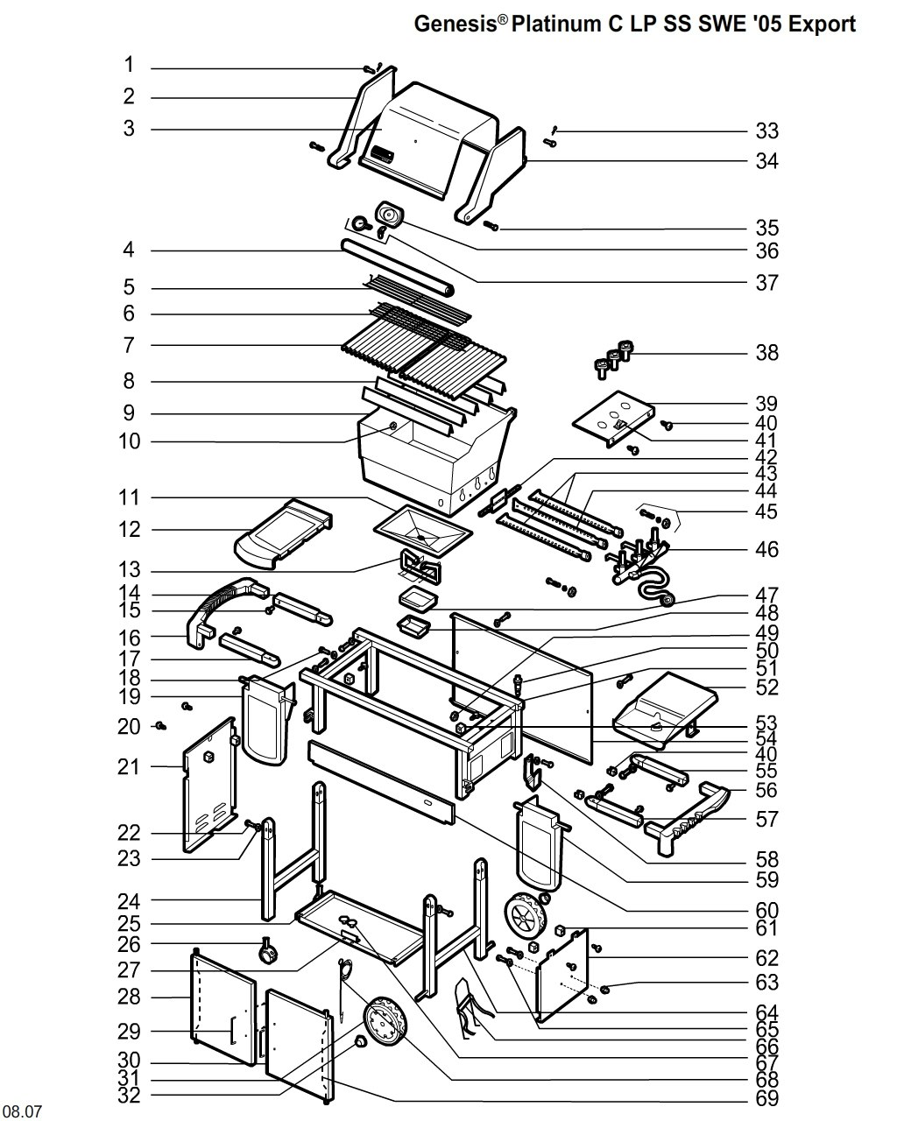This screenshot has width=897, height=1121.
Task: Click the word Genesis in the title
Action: click(x=455, y=24)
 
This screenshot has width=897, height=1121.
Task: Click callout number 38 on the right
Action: click(x=766, y=353)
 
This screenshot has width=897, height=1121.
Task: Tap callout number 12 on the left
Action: click(x=130, y=529)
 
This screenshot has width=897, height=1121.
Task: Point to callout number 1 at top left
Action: click(x=130, y=65)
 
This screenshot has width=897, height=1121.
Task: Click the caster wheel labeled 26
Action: click(x=268, y=951)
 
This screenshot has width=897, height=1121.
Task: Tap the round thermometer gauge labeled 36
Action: click(x=388, y=214)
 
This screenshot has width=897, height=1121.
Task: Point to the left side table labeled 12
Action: click(x=284, y=532)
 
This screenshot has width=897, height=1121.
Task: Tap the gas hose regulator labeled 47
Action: click(x=666, y=600)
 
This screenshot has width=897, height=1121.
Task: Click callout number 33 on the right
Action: click(x=766, y=130)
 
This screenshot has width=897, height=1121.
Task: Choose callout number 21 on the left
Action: click(x=128, y=767)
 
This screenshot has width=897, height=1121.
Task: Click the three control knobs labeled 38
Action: click(x=613, y=358)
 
